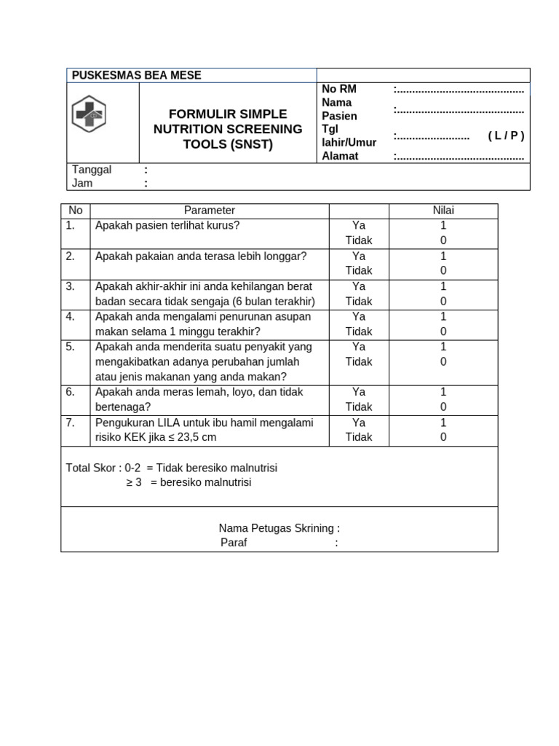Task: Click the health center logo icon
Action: click(89, 114)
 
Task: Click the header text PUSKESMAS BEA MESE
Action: click(137, 75)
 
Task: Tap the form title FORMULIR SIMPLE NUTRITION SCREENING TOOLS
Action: click(228, 129)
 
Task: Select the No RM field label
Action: click(339, 89)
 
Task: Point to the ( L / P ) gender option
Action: click(506, 136)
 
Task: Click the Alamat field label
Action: click(340, 156)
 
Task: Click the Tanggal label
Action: click(92, 170)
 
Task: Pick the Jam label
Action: click(82, 183)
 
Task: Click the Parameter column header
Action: click(210, 211)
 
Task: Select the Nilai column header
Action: click(443, 211)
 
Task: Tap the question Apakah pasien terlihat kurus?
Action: click(167, 225)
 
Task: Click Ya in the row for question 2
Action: click(359, 256)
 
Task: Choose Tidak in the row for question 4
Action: click(359, 331)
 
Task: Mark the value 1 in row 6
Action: click(443, 392)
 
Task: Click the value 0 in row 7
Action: click(443, 437)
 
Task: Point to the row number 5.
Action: click(71, 347)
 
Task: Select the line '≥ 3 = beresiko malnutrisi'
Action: click(189, 482)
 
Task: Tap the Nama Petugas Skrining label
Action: click(279, 528)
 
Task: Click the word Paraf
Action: click(234, 543)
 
